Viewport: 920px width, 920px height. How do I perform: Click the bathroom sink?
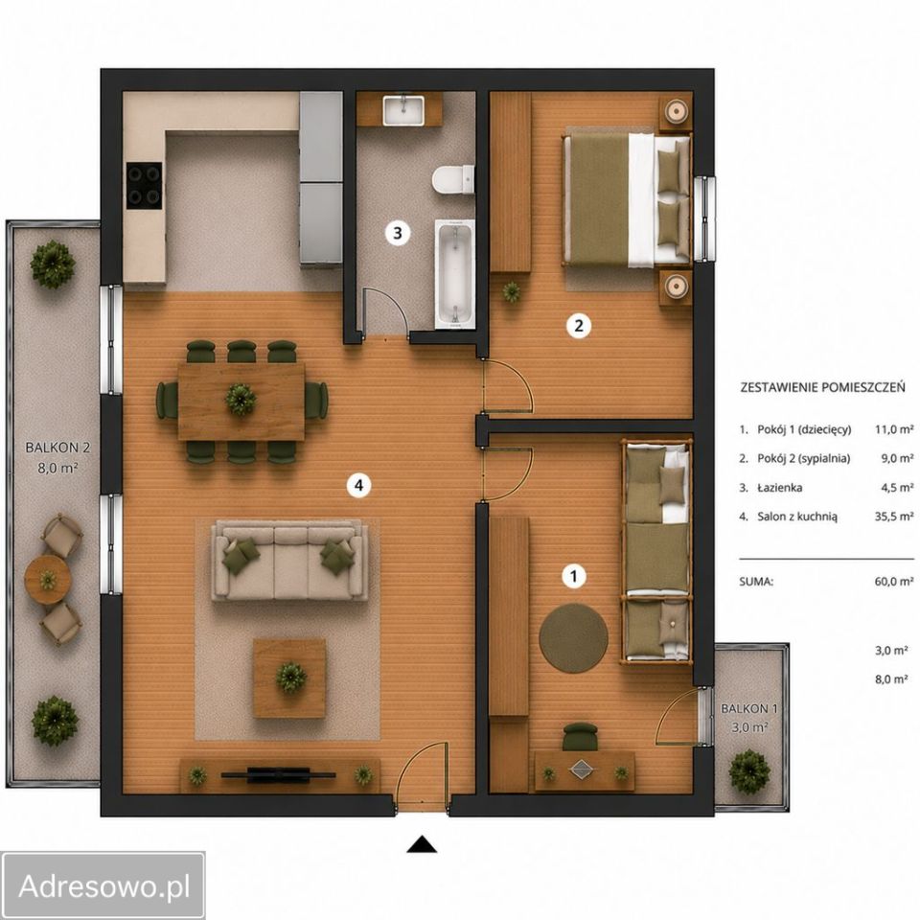(x=403, y=110)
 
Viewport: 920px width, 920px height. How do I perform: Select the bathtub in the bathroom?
(x=454, y=273)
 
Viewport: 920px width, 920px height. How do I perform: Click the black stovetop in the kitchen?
(x=145, y=185)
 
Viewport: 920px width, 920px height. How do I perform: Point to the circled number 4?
(x=358, y=485)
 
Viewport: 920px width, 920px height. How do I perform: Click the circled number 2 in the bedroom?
(x=579, y=325)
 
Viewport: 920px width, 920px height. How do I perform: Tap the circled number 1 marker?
(x=574, y=576)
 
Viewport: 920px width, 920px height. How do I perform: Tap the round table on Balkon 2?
(x=48, y=580)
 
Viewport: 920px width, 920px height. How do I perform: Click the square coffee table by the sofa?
(x=289, y=678)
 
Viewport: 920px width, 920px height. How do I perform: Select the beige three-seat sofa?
(x=289, y=561)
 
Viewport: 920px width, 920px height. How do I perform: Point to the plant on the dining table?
(x=241, y=399)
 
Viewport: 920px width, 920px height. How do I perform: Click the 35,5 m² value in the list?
(x=893, y=517)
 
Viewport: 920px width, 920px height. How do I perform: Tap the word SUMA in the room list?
(x=756, y=582)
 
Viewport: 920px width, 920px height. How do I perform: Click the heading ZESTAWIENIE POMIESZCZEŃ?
(x=822, y=387)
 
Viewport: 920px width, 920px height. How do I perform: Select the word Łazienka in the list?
(x=780, y=488)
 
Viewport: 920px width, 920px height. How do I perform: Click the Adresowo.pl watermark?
(x=104, y=885)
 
